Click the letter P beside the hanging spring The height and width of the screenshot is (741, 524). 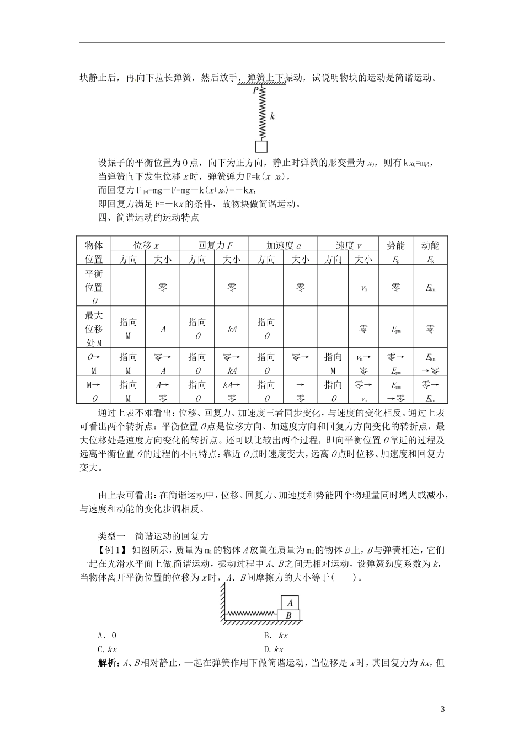(x=255, y=90)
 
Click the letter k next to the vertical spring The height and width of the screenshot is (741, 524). (x=272, y=116)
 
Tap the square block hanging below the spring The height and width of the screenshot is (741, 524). (x=261, y=146)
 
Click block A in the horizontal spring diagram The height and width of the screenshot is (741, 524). (x=290, y=603)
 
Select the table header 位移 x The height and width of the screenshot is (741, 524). (x=146, y=245)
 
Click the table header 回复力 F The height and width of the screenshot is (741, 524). (x=215, y=245)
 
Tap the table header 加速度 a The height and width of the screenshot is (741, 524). (x=284, y=245)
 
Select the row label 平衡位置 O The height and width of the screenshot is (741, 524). (x=94, y=287)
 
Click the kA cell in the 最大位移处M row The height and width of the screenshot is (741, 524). (x=232, y=330)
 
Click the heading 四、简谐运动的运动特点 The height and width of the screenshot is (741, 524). (x=148, y=217)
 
